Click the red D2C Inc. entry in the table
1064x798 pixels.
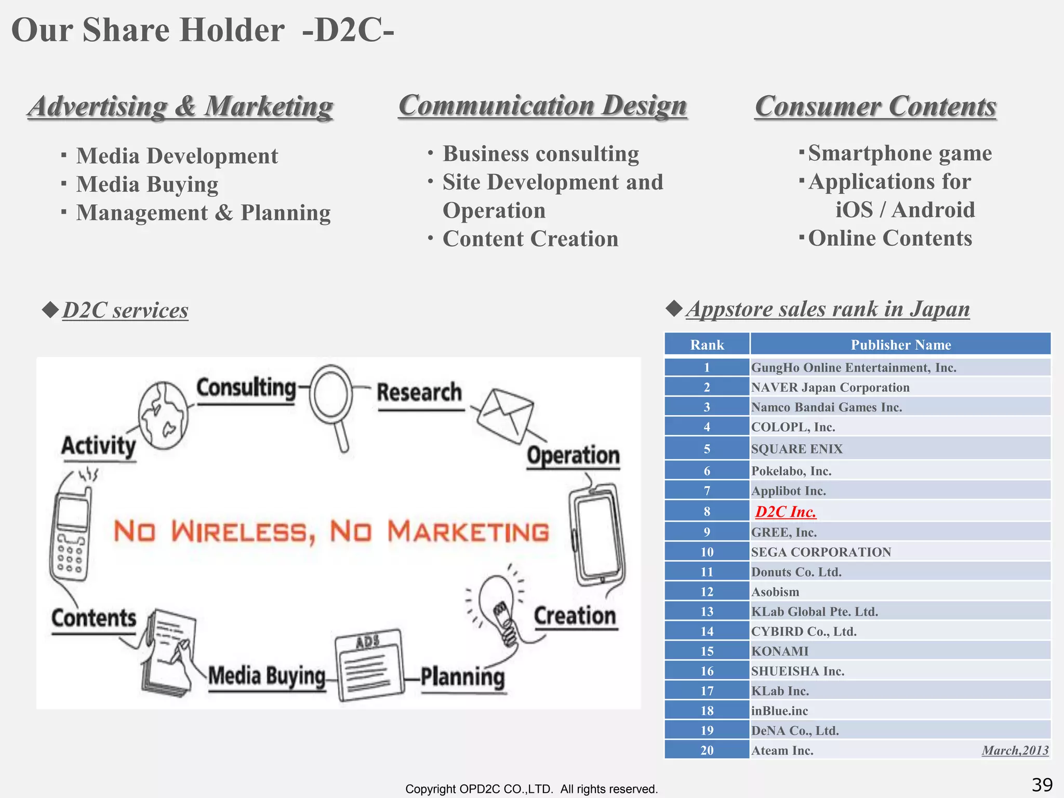(786, 512)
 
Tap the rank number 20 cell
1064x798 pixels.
(707, 750)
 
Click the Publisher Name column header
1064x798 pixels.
(900, 345)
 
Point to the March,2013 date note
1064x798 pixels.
(1015, 750)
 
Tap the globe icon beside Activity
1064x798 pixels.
(163, 416)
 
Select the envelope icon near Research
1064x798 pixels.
(505, 415)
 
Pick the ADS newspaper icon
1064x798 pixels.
(369, 666)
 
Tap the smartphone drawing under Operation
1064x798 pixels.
(597, 535)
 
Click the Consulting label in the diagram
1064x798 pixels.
(246, 388)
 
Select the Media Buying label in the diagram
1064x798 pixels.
(267, 676)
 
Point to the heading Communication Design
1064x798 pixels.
(542, 106)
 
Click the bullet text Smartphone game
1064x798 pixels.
(900, 153)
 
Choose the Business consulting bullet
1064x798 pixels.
(540, 154)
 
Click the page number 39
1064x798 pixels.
(1042, 784)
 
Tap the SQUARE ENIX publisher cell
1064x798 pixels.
(797, 449)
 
